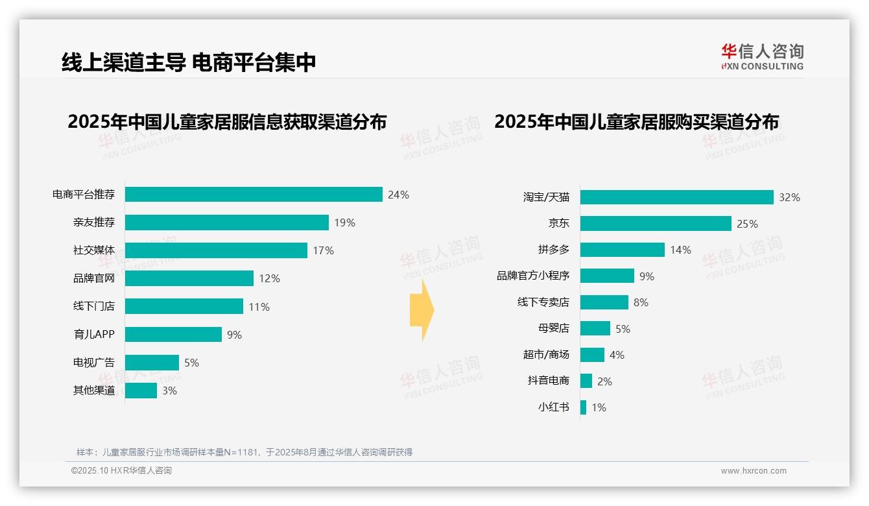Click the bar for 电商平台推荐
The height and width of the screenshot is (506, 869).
[253, 195]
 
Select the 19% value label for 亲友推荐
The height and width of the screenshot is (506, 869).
[344, 223]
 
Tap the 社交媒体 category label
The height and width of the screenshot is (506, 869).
[93, 250]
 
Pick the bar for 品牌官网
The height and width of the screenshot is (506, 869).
[189, 278]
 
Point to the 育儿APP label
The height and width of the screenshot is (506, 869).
[93, 335]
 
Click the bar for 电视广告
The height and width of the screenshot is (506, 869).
[152, 363]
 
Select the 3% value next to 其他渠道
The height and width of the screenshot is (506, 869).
[169, 391]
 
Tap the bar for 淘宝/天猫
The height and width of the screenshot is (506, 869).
[676, 197]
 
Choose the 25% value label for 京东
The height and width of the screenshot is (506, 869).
[747, 224]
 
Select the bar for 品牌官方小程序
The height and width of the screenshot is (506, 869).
[607, 276]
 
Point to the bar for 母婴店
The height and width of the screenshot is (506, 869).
[595, 328]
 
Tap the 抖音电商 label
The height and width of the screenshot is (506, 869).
[548, 381]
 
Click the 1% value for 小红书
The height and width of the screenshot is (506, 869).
[599, 408]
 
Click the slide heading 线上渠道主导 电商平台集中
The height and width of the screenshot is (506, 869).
[189, 62]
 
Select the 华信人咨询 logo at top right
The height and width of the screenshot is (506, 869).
[762, 56]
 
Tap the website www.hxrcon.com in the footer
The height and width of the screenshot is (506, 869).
[754, 471]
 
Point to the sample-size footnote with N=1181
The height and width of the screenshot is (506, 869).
[244, 452]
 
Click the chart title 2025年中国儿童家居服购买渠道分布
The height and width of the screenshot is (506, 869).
[636, 122]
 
